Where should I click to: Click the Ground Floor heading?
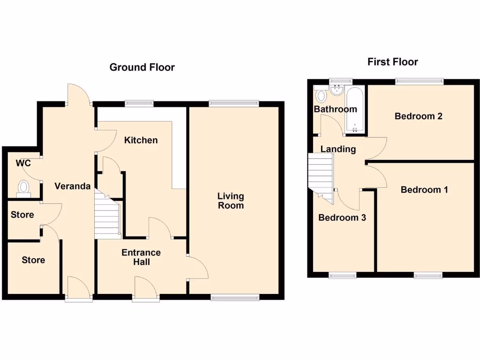pos(142,67)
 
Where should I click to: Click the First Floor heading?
pos(392,62)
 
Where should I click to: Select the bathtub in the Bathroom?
pos(354,110)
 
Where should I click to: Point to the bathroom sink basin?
pos(337,89)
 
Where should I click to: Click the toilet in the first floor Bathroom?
pos(321,96)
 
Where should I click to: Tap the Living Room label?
pos(231,201)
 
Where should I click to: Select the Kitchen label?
pos(141,140)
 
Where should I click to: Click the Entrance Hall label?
pos(141,257)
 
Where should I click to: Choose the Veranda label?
pos(72,186)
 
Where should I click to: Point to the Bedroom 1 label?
pos(424,190)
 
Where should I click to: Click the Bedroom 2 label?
pos(419,116)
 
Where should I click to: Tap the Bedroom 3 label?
pos(342,218)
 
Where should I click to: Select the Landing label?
pos(338,150)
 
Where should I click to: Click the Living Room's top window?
pos(233,104)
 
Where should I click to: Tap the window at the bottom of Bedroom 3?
pos(342,275)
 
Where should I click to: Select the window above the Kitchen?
pos(139,104)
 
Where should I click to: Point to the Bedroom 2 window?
pos(419,81)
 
